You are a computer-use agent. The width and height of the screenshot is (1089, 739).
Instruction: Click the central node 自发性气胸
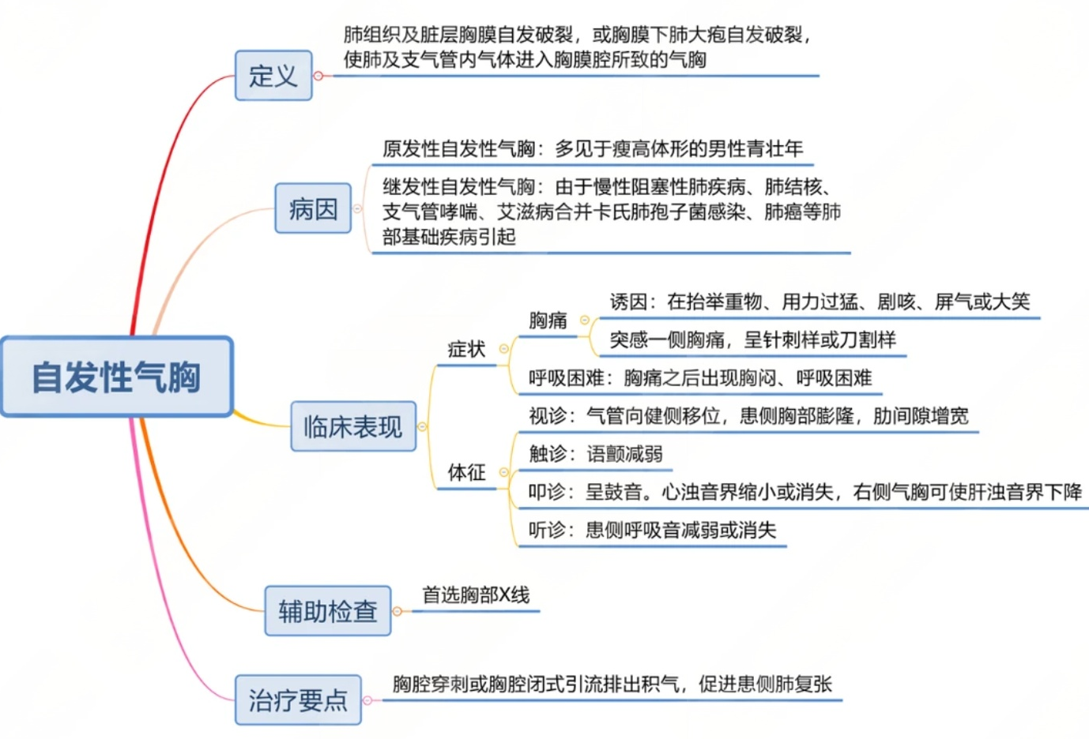tap(116, 377)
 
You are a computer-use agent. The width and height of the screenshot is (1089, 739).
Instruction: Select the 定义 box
tap(273, 76)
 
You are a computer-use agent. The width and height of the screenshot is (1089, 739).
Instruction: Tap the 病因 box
tap(313, 209)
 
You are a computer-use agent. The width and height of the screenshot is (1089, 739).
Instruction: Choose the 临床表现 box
tap(352, 427)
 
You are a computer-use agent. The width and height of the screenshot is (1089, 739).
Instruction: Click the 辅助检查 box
tap(327, 611)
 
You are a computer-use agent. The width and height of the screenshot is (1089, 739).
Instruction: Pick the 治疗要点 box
tap(298, 700)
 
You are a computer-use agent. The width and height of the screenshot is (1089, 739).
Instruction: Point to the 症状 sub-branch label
tap(466, 349)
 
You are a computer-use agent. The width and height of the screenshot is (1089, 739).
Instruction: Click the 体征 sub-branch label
tap(466, 472)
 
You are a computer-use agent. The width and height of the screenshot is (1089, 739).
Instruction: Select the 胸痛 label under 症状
tap(548, 320)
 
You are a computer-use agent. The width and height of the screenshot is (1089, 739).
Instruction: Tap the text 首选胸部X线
tap(476, 595)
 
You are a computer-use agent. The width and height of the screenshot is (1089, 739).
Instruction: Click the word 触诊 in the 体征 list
tap(547, 454)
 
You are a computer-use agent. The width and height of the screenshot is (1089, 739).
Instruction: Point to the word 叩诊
tap(547, 492)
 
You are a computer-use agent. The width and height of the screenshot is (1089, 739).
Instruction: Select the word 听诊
tap(547, 530)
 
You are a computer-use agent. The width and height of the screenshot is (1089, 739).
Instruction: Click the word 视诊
tap(547, 416)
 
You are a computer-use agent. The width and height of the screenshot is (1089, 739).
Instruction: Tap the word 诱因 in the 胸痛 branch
tap(628, 302)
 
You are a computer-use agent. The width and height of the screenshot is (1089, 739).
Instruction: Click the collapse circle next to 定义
tap(318, 76)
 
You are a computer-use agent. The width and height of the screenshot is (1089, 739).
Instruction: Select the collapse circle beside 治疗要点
tap(367, 700)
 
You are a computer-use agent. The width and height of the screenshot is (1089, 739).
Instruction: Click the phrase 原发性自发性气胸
tap(458, 148)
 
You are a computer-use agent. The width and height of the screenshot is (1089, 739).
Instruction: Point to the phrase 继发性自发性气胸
tap(458, 187)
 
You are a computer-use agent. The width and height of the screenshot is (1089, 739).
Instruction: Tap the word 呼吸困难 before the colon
tap(566, 378)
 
